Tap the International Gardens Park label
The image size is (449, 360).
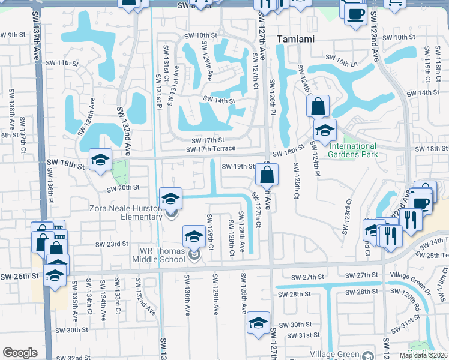click(353, 150)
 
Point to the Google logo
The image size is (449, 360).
click(20, 353)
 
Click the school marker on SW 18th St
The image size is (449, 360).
click(101, 160)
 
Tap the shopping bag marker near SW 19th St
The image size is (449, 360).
click(267, 175)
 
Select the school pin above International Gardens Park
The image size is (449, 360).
click(325, 131)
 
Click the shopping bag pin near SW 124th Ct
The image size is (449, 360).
click(318, 107)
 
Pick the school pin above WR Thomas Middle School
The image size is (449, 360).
click(194, 238)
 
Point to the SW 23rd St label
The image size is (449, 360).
click(112, 244)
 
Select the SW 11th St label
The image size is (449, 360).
click(62, 63)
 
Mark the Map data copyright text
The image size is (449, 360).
click(424, 355)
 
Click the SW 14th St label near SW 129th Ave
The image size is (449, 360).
click(218, 101)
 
